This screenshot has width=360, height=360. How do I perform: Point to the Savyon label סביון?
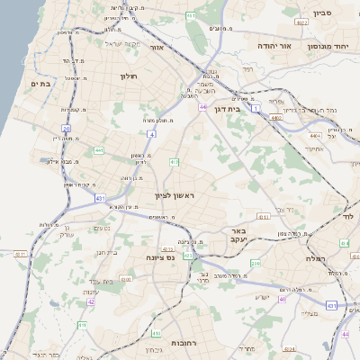coord(323,13)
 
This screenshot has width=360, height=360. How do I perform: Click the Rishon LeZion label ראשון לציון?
coord(174,194)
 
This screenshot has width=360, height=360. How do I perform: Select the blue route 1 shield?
coord(255,108)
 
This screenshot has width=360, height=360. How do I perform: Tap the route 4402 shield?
coord(276,117)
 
